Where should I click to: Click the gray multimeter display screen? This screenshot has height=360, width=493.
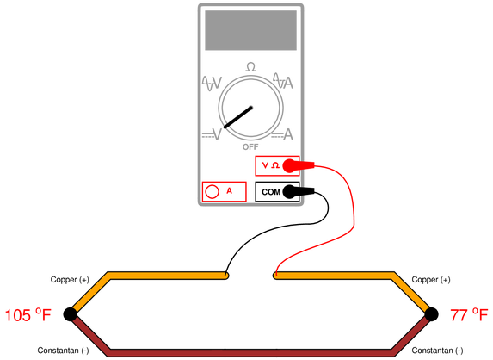click(250, 30)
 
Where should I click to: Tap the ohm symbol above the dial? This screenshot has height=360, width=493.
click(250, 67)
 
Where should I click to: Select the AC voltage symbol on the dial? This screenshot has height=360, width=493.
click(212, 83)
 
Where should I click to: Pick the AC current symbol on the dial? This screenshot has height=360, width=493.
click(283, 81)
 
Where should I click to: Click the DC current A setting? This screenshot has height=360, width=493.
click(282, 134)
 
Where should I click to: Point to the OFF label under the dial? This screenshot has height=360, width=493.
click(250, 147)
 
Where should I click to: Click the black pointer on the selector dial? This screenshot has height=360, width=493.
click(238, 117)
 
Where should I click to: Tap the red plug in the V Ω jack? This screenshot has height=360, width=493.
click(298, 165)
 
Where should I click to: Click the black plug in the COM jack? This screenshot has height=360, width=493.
click(298, 192)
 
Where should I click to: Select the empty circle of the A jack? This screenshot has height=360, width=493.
click(212, 191)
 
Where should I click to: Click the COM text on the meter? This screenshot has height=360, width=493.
click(271, 192)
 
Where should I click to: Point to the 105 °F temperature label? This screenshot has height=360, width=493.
click(28, 314)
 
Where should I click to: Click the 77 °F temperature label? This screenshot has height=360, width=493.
click(469, 314)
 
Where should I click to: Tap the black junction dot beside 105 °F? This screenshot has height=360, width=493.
click(70, 314)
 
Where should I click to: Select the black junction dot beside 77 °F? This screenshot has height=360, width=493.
click(431, 314)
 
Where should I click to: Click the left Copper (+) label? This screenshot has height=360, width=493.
click(70, 279)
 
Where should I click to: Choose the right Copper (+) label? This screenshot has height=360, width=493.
click(431, 279)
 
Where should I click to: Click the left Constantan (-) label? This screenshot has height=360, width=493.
click(63, 351)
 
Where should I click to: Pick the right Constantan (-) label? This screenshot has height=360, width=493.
click(437, 351)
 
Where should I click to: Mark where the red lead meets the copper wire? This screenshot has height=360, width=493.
click(275, 276)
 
